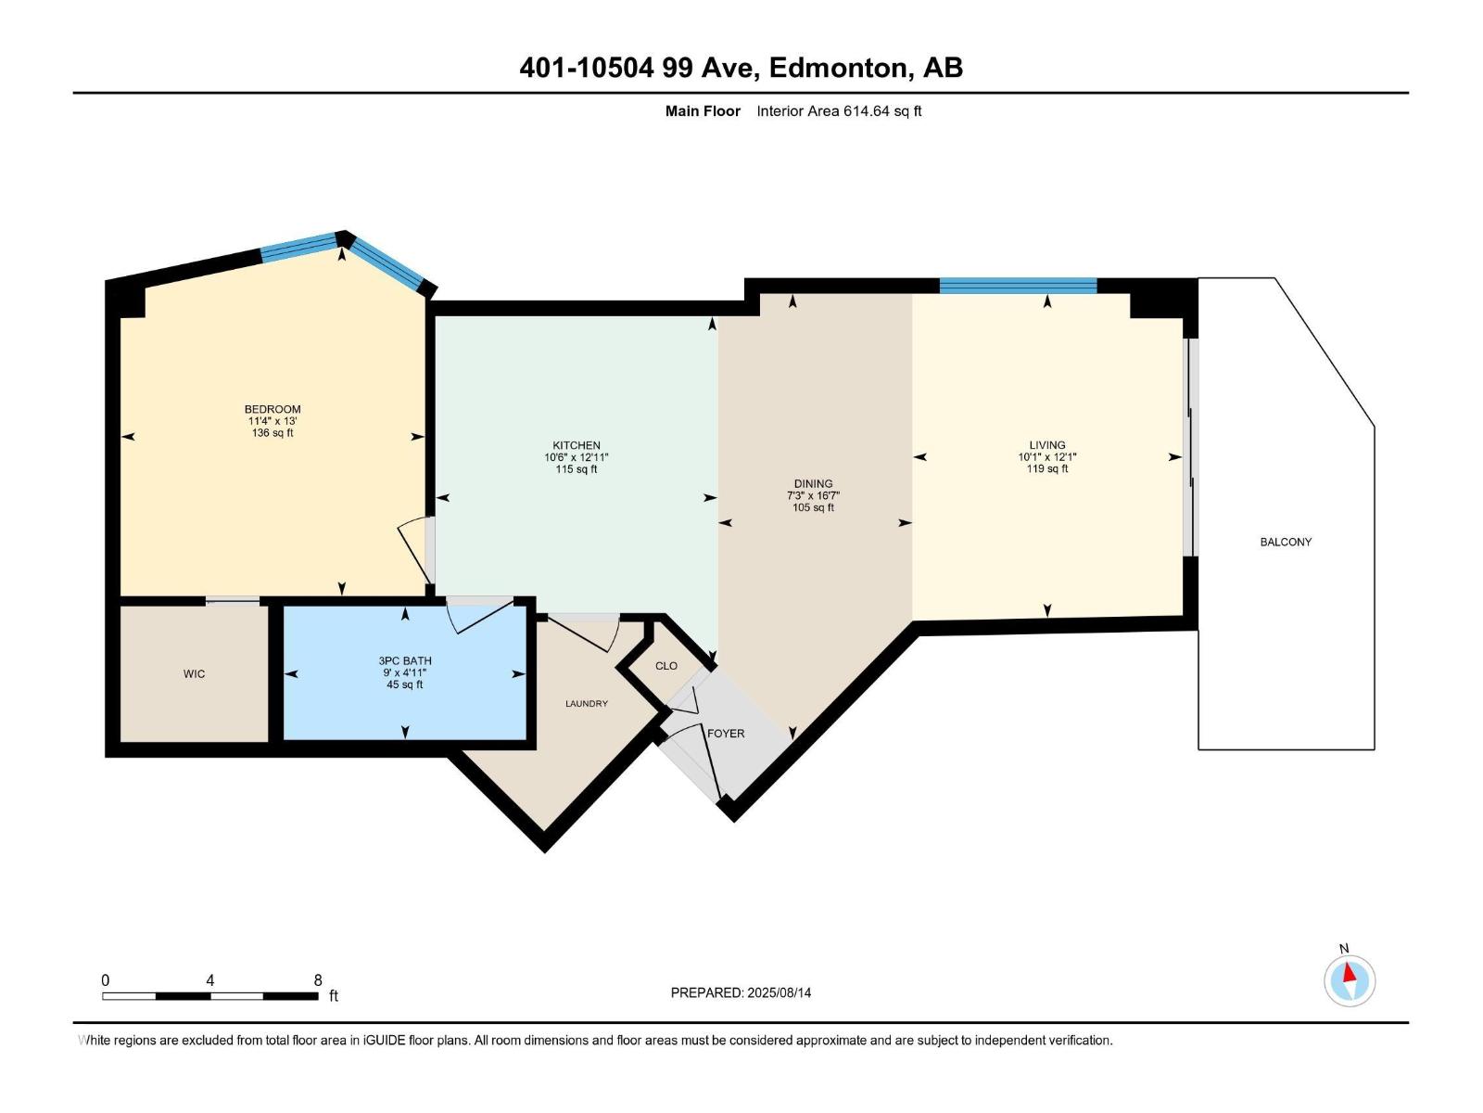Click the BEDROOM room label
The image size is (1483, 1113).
(x=273, y=409)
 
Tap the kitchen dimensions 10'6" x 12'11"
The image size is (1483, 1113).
(x=576, y=457)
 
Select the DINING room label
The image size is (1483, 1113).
(x=813, y=483)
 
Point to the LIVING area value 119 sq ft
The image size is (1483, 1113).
(x=1046, y=469)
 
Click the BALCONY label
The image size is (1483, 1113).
(x=1286, y=542)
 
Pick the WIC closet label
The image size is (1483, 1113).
(x=194, y=673)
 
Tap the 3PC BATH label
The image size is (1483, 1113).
(x=405, y=660)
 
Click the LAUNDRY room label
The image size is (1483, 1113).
(x=587, y=704)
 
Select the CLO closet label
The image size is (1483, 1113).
(x=666, y=666)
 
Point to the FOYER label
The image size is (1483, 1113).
(x=726, y=734)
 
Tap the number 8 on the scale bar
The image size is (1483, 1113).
(x=318, y=980)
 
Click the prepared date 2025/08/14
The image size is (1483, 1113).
(x=779, y=992)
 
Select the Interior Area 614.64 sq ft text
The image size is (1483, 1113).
(x=839, y=111)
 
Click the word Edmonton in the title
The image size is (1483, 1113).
(x=838, y=68)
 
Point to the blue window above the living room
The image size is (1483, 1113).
(x=1018, y=286)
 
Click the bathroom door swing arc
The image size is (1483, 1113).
(x=480, y=616)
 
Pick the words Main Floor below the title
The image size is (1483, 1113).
(x=703, y=111)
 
